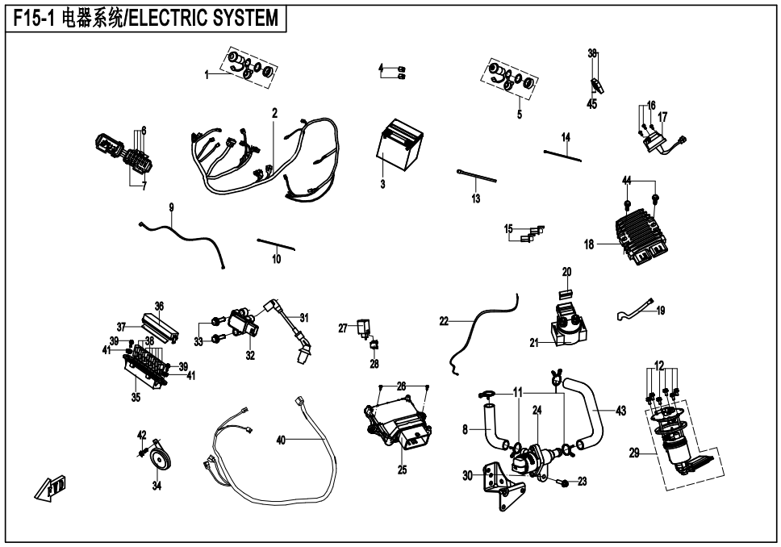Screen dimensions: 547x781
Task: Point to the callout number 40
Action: coord(281,441)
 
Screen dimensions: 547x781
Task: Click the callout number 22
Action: coord(444,321)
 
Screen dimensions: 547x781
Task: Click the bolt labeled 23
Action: coord(564,482)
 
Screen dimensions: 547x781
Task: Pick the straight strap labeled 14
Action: coord(562,154)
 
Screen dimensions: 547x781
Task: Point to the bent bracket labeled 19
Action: coord(636,309)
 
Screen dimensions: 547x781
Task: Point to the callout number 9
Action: coord(171,207)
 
